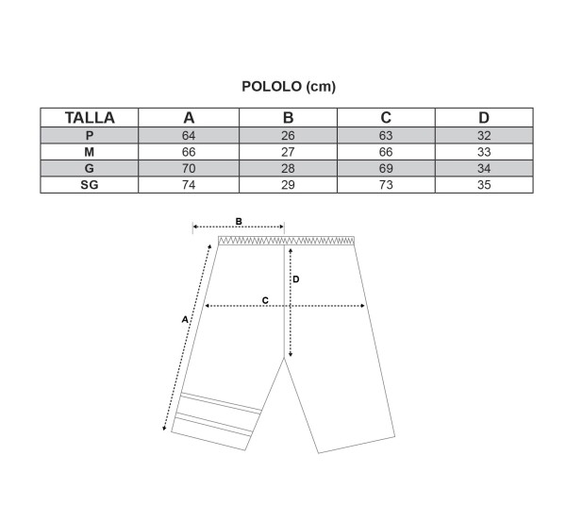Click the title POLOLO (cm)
point(289,87)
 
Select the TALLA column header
point(90,118)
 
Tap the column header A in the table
point(189,118)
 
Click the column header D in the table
point(484,118)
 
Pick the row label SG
point(90,185)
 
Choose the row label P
point(90,135)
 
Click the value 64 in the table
point(189,135)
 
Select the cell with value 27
point(288,152)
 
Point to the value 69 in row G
point(386,168)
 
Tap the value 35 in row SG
point(484,185)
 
